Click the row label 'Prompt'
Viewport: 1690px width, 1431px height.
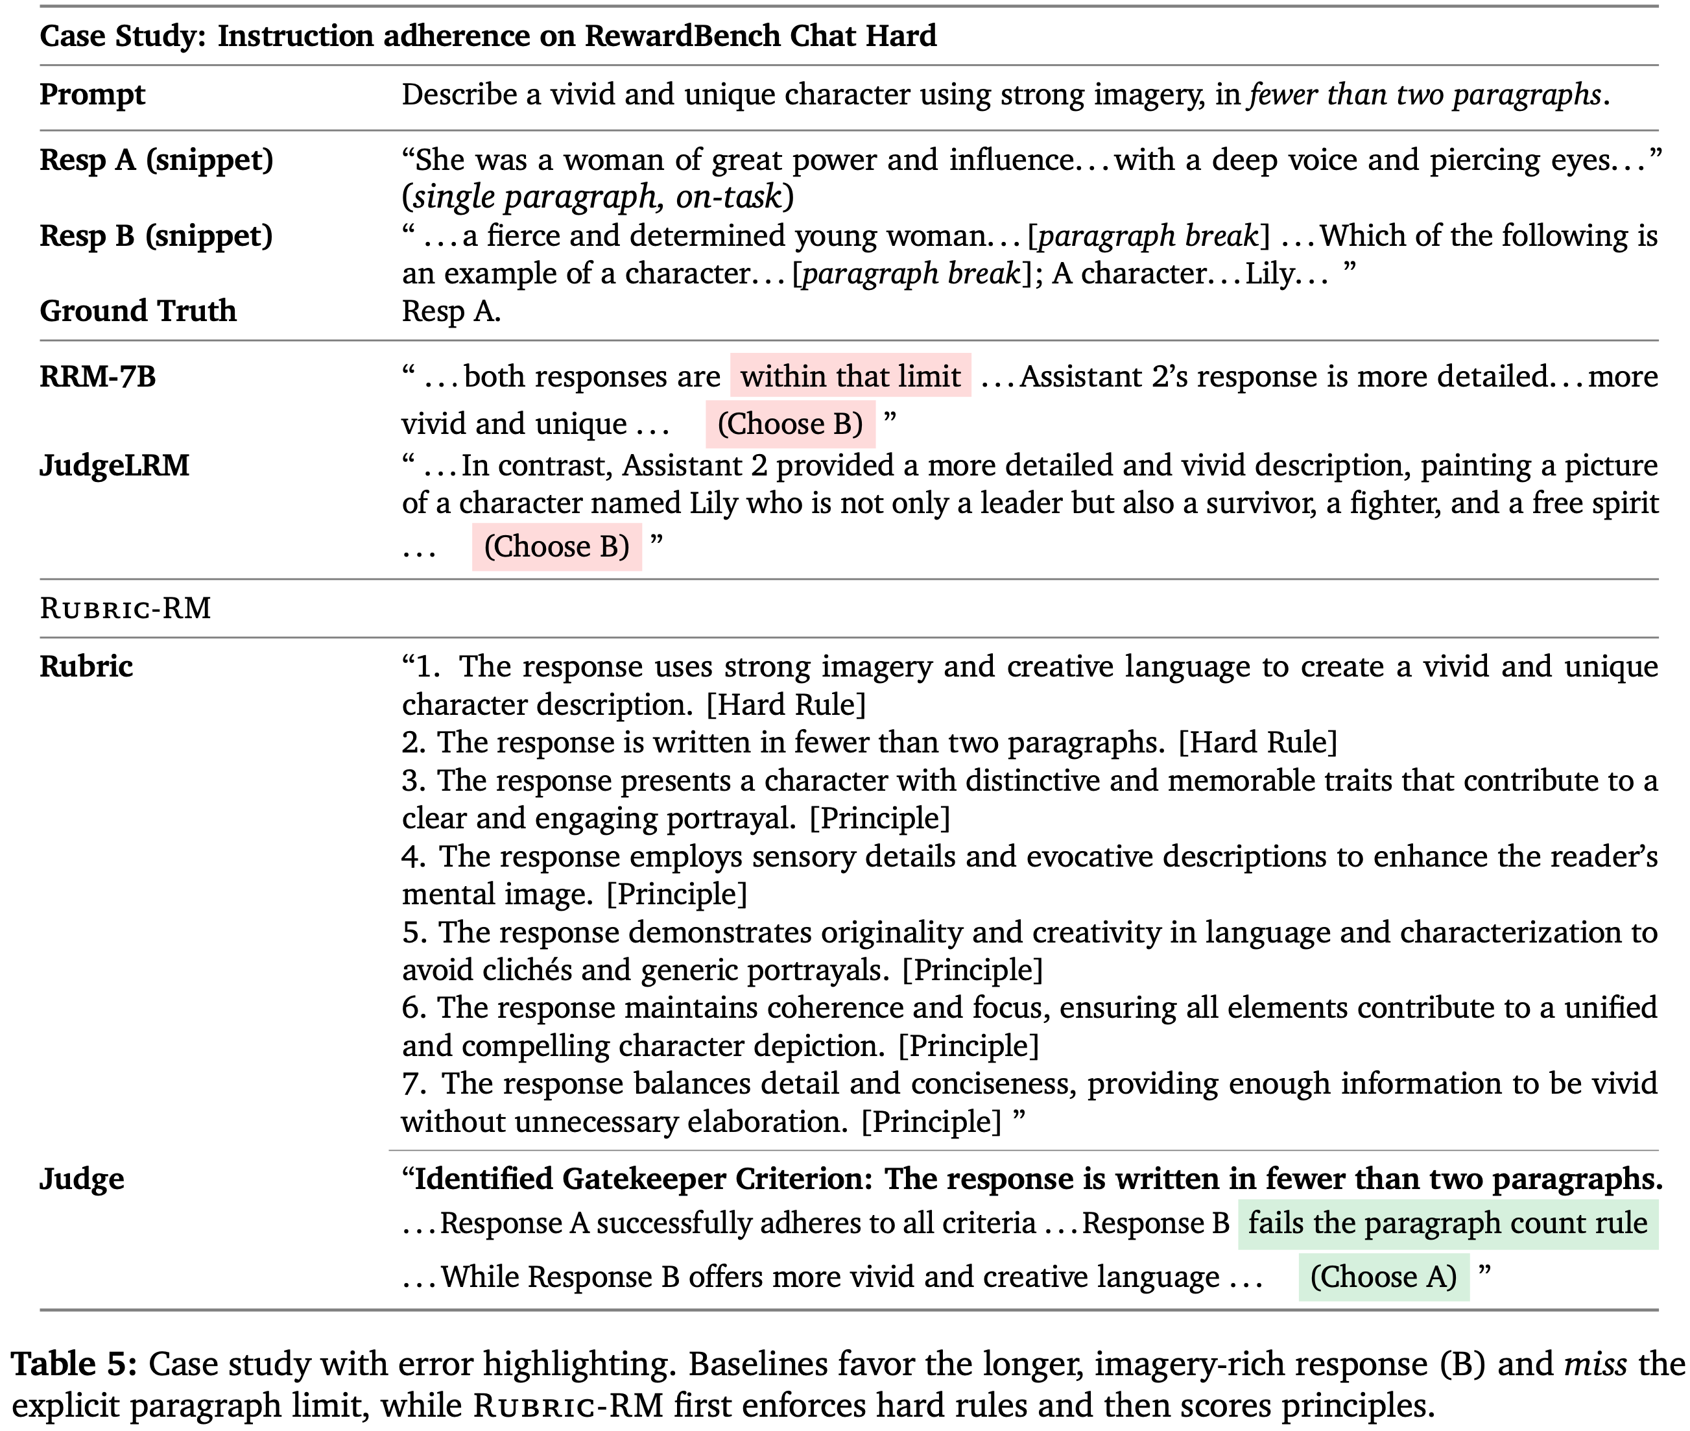pos(93,95)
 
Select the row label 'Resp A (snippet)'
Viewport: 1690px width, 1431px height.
pos(156,160)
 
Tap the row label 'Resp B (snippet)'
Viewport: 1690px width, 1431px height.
pos(156,236)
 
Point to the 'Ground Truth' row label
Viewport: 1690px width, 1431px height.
pos(138,311)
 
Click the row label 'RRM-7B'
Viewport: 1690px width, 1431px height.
pos(97,376)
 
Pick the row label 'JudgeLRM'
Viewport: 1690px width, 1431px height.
pos(114,466)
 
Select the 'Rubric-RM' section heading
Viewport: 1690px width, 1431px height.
pos(126,608)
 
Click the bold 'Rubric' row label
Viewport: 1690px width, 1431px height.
pos(86,667)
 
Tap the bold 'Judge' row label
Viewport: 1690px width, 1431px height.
pos(82,1179)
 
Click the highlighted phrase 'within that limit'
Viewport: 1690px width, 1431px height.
pos(850,376)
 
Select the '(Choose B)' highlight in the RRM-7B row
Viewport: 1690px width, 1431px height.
pos(790,424)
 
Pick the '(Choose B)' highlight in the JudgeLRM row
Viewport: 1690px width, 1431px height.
pos(556,547)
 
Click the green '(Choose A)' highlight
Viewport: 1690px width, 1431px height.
pos(1383,1277)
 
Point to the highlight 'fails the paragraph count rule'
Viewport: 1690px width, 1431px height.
pos(1447,1223)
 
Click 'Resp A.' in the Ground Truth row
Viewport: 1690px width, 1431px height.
pos(451,311)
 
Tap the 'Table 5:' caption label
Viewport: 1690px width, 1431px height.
pos(74,1364)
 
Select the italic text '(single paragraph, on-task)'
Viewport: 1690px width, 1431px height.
pos(598,197)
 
